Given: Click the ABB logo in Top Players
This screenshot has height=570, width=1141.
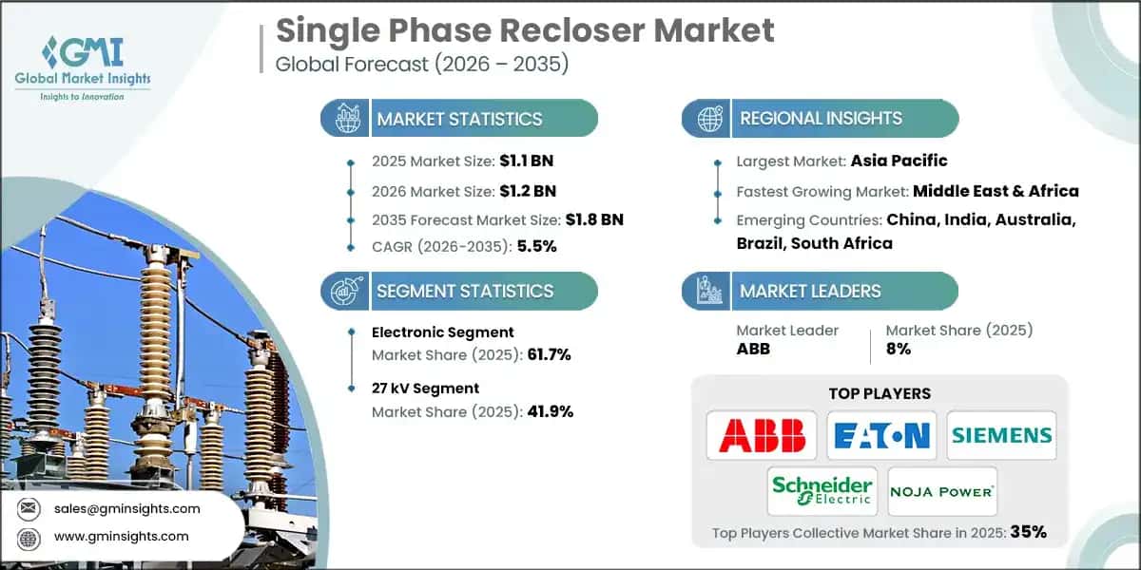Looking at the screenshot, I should [762, 436].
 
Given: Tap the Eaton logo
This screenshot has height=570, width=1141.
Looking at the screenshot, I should [881, 436].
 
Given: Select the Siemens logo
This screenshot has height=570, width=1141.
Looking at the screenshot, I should [1001, 436].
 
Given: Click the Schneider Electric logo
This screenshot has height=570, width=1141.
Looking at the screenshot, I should [822, 491].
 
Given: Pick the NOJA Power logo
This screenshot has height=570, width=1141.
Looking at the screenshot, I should [942, 491].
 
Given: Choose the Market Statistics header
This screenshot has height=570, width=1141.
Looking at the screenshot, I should [459, 119].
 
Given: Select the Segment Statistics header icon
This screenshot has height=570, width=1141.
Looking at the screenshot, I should [345, 291].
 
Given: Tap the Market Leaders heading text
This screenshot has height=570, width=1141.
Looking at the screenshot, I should [810, 291].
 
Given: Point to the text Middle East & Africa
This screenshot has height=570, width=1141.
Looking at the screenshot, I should [996, 190].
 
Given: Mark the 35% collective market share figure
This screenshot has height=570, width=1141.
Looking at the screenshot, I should [1028, 532].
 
